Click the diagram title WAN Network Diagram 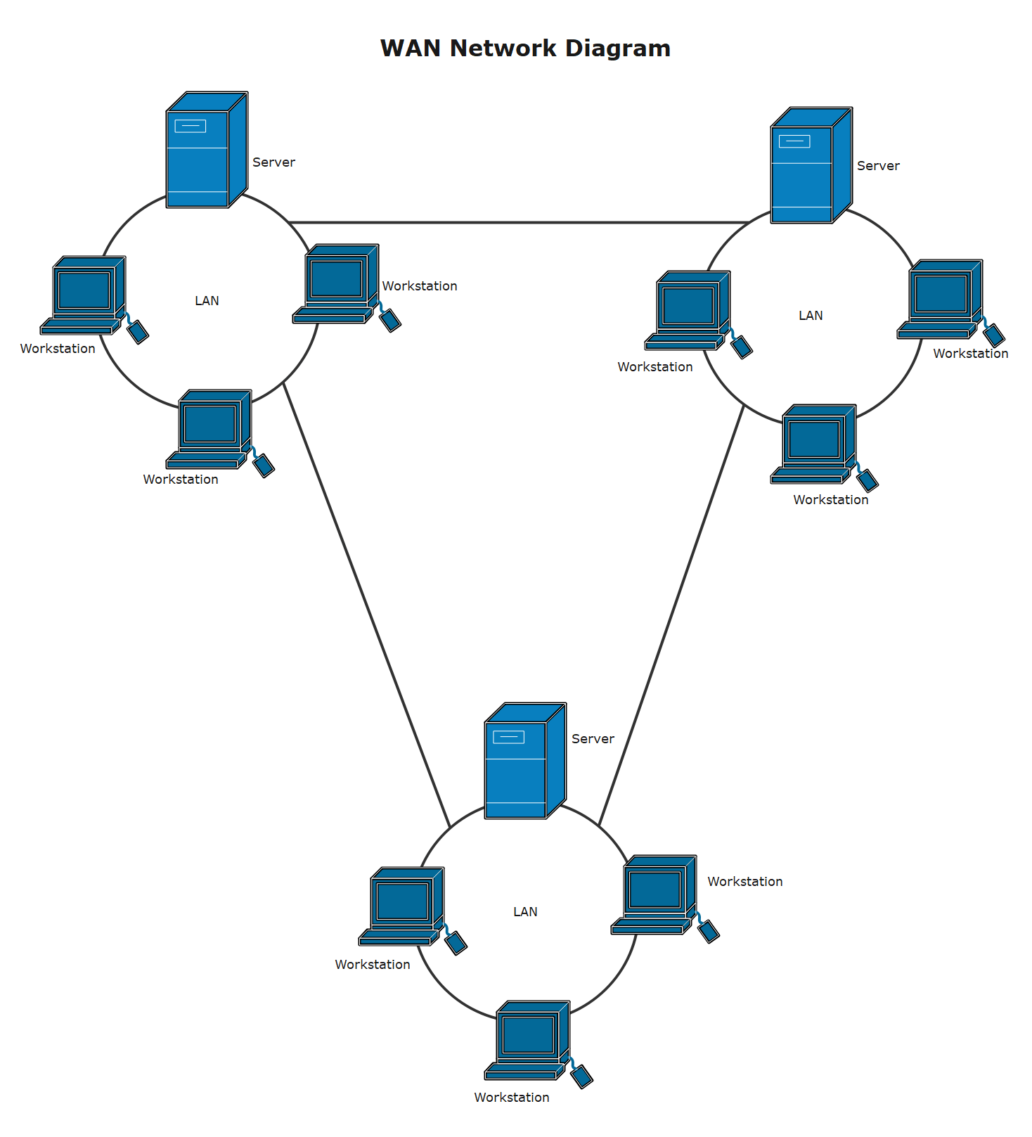525,48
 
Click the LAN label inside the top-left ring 207,301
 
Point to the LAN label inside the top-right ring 811,316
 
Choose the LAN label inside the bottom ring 525,912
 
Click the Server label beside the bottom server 593,739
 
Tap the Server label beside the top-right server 878,166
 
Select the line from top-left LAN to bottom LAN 366,605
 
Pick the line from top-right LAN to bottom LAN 671,615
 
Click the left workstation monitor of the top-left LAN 85,290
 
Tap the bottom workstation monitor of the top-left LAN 210,423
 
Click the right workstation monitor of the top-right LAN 941,293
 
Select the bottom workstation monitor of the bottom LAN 529,1034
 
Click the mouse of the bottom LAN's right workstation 709,931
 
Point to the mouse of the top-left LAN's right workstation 390,320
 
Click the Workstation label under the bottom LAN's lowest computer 511,1098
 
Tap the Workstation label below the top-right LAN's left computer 654,367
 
